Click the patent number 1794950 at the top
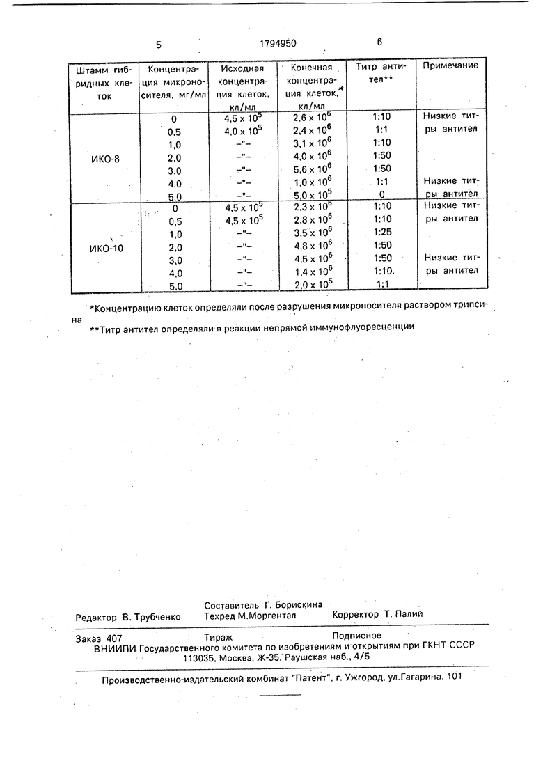(277, 43)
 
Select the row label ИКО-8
(105, 158)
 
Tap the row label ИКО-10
(106, 248)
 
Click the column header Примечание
(450, 65)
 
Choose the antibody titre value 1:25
(382, 231)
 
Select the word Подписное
(357, 635)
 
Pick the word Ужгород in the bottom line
(361, 676)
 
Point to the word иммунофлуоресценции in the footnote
(359, 326)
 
